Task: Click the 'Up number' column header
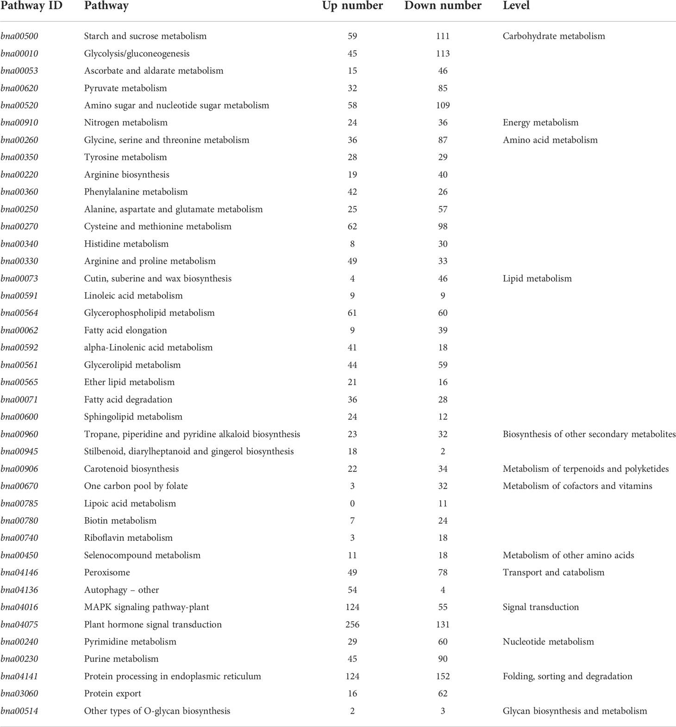coord(352,6)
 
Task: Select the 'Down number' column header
coord(443,6)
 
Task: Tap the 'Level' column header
coord(516,6)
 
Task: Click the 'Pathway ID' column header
coord(32,6)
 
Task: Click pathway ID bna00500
coord(19,36)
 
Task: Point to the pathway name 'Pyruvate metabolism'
coord(125,88)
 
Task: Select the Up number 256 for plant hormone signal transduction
coord(352,624)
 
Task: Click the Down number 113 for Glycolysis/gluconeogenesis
coord(443,54)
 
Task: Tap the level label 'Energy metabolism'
coord(540,123)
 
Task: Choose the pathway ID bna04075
coord(19,624)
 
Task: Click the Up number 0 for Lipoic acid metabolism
coord(352,503)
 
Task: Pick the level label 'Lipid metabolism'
coord(537,278)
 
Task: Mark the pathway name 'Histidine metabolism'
coord(126,244)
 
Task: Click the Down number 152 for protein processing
coord(443,676)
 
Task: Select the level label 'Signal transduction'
coord(541,607)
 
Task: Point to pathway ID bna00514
coord(19,711)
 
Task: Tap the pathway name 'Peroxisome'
coord(107,572)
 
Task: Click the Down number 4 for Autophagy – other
coord(443,590)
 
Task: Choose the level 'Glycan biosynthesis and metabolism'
coord(575,711)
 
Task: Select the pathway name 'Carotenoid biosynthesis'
coord(131,469)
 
